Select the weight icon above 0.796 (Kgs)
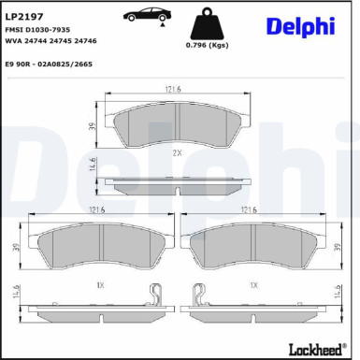coord(208,23)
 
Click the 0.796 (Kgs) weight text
coord(207,46)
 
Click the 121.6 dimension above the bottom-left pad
coord(95,211)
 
